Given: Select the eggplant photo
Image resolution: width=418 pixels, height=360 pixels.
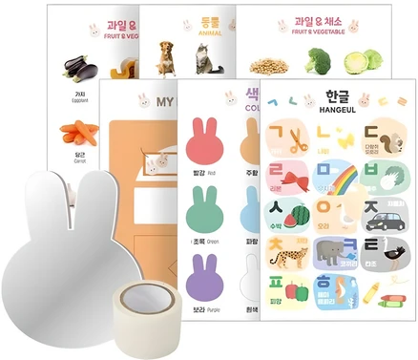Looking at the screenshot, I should point(79,67).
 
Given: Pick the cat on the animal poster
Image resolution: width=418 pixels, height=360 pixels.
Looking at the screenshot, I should point(202,61).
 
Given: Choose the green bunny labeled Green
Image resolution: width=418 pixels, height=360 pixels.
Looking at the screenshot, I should point(207,202).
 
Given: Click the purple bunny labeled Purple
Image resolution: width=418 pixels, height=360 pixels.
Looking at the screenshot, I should point(207,271).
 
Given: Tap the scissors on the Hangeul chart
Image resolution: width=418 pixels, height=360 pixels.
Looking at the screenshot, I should point(293,140).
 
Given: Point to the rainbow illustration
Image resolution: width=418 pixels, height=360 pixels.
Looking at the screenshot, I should point(342,179).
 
